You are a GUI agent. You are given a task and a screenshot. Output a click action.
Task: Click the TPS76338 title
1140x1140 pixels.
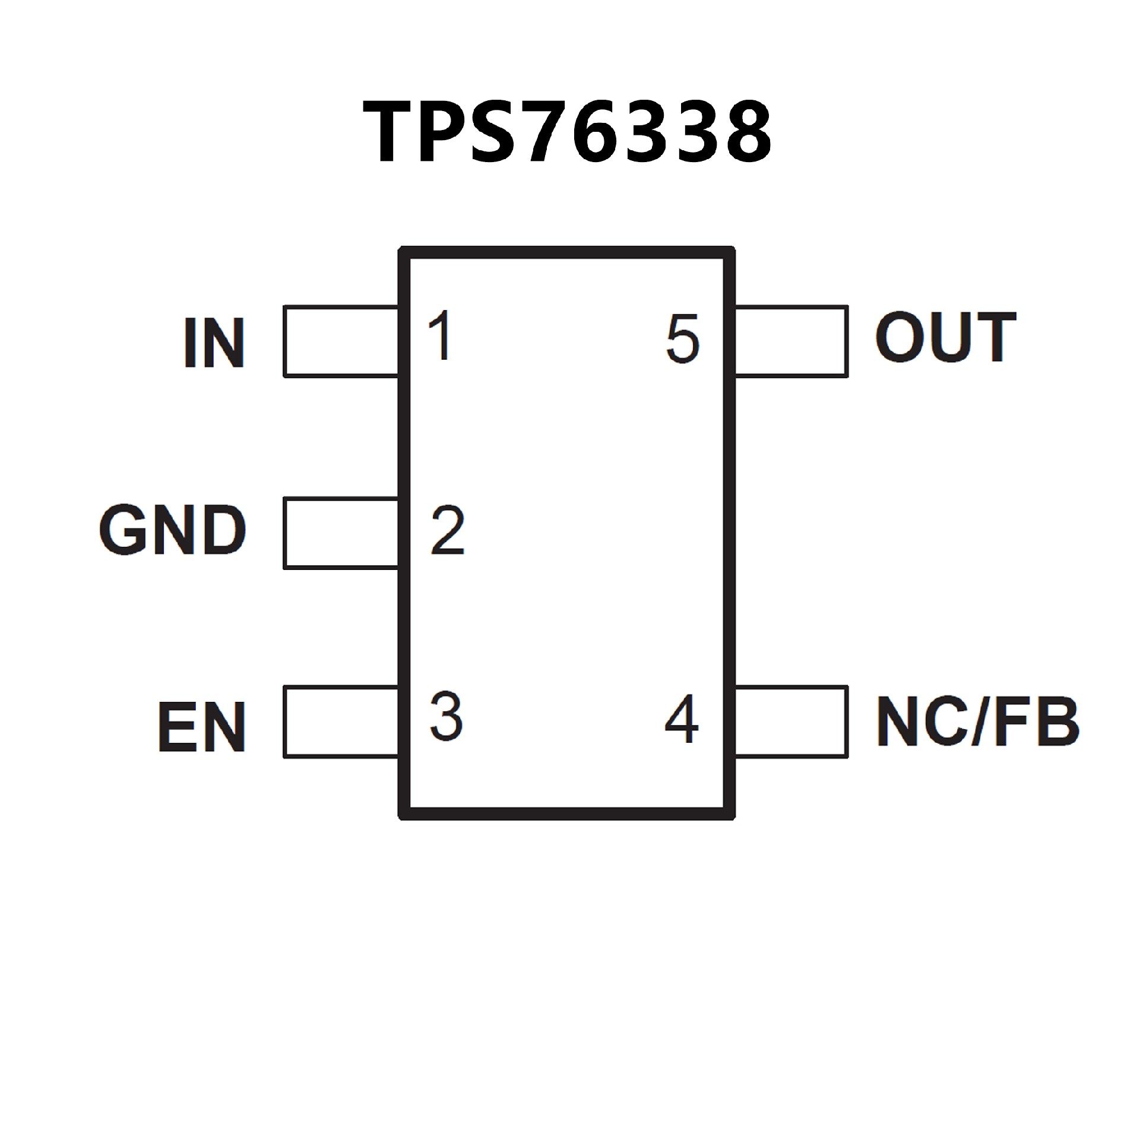point(567,132)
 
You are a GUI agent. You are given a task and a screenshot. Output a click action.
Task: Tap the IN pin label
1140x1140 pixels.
point(214,343)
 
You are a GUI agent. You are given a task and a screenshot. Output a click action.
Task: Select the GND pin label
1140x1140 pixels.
point(173,530)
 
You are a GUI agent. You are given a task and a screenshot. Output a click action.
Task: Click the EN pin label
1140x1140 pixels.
point(202,726)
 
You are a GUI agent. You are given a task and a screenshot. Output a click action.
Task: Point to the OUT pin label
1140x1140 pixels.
point(946,337)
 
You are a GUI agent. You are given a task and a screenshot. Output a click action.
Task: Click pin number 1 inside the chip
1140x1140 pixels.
point(441,336)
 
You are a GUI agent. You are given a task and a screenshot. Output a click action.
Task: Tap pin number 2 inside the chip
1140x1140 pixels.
point(447,530)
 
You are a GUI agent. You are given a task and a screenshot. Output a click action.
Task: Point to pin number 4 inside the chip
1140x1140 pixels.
point(682,719)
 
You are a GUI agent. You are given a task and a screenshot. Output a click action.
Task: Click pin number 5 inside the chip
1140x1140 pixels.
point(682,339)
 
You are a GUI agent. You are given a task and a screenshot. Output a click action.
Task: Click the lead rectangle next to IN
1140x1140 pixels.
point(341,341)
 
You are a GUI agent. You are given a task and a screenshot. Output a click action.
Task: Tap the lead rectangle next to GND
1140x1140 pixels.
point(341,533)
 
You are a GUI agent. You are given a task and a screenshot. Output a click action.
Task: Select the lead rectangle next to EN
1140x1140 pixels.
point(341,722)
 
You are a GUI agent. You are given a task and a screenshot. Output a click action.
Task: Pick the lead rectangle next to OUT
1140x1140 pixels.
point(791,341)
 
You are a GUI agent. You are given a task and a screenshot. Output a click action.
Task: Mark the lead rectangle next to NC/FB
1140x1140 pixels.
point(791,722)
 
